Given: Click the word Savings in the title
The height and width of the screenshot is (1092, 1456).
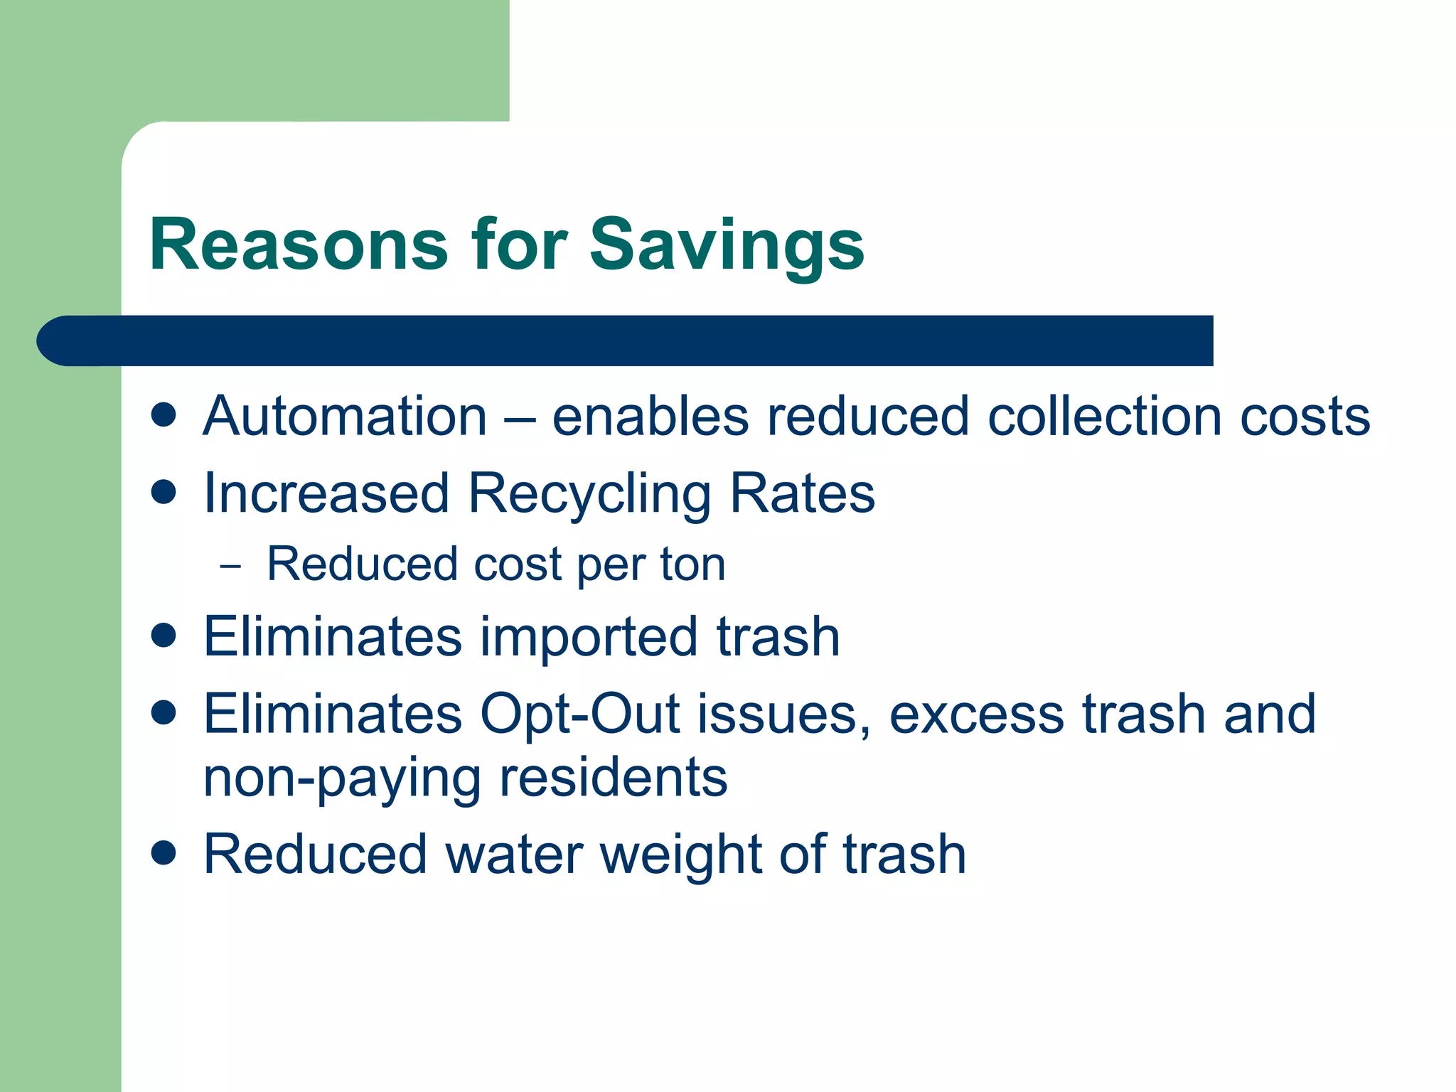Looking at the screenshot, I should (x=727, y=245).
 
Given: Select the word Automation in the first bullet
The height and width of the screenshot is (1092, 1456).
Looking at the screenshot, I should (x=346, y=416).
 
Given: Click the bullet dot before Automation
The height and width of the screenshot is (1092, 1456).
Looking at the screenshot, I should (x=164, y=414).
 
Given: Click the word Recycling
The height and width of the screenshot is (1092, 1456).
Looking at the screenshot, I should (x=589, y=494).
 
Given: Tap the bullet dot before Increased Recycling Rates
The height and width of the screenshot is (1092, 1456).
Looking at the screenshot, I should (x=164, y=491).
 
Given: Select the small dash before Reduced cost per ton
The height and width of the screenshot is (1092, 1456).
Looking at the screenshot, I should (x=231, y=567).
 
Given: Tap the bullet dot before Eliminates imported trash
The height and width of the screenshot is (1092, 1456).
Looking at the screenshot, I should (x=164, y=634).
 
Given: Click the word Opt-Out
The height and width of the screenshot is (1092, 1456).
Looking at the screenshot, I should (x=579, y=714).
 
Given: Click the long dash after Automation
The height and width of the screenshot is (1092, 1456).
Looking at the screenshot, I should (x=520, y=417).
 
